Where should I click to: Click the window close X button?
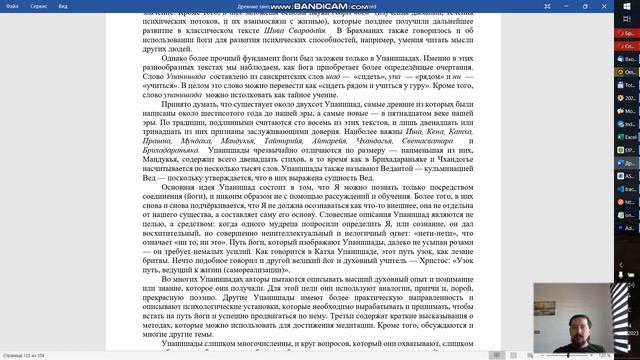[628, 6]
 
